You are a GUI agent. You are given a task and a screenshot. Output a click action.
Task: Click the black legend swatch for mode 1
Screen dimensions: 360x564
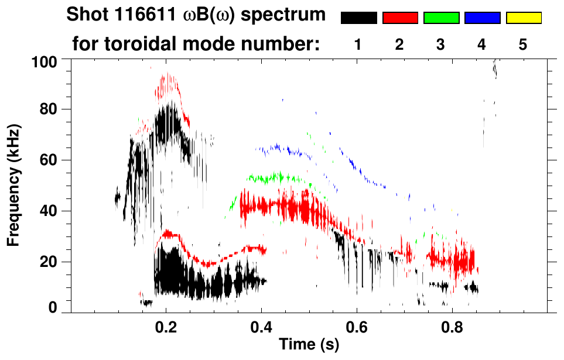pos(358,18)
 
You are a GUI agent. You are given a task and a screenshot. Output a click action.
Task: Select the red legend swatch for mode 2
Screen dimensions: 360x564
pos(400,18)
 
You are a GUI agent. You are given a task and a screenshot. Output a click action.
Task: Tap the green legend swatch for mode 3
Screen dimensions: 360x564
pos(441,18)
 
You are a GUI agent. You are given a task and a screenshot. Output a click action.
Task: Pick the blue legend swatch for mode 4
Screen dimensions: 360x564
pos(482,18)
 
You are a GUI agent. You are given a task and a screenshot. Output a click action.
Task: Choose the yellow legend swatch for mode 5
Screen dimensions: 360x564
pos(524,18)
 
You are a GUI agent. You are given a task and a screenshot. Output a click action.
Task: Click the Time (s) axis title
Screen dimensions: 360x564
pos(308,345)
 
